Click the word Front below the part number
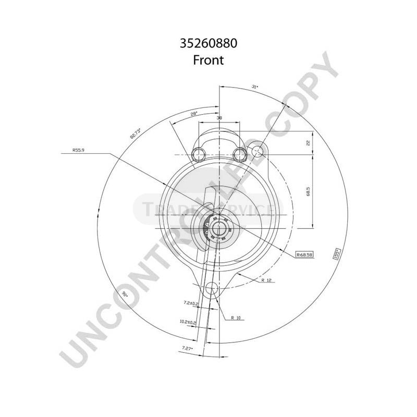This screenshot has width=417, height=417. (208, 60)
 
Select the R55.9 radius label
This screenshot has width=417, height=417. (79, 150)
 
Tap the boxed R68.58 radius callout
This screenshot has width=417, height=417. (303, 254)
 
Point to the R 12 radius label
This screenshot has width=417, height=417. (267, 280)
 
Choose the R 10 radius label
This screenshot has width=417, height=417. (237, 317)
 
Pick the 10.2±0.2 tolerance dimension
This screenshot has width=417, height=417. (187, 322)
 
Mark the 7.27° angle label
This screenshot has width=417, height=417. (187, 348)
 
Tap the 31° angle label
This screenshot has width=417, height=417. (255, 88)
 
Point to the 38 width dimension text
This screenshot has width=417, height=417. (219, 119)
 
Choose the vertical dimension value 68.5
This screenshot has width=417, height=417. (308, 192)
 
